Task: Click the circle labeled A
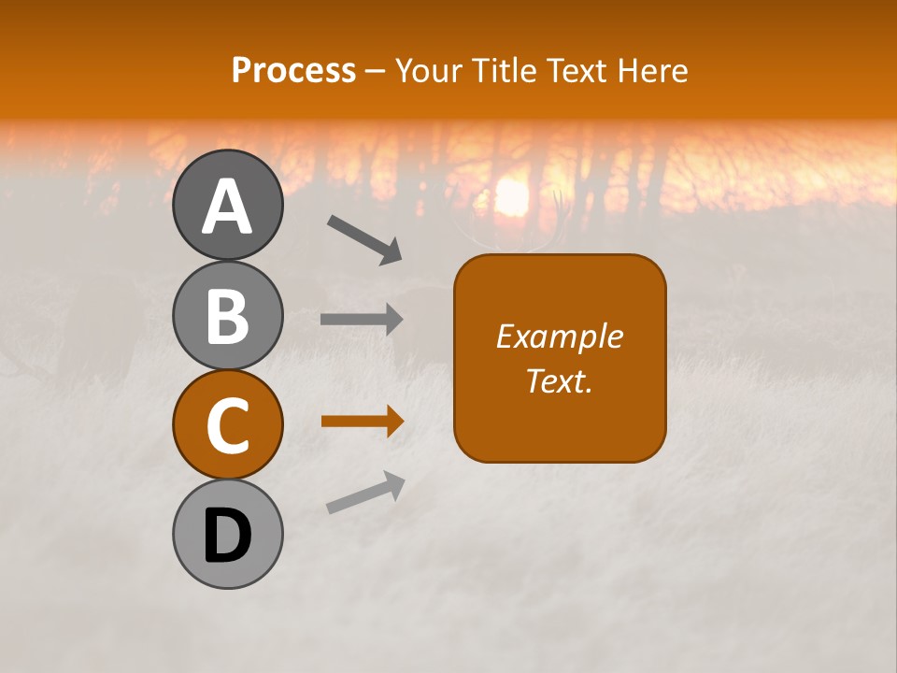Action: (x=227, y=205)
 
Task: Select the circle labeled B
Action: (x=227, y=315)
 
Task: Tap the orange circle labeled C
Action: (x=227, y=424)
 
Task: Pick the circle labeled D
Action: (x=227, y=534)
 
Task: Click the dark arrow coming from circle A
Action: (x=364, y=238)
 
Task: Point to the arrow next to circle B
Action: (x=362, y=320)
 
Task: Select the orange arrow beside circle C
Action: (x=362, y=422)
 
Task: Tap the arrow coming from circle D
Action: (x=365, y=493)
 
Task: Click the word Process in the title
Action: (x=293, y=70)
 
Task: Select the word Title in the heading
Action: (x=500, y=70)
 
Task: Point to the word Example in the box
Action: (x=559, y=336)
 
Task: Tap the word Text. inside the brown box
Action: (x=559, y=380)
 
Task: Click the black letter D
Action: (x=227, y=536)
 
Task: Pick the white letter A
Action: (x=227, y=207)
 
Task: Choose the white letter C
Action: (x=227, y=425)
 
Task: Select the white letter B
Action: (x=227, y=316)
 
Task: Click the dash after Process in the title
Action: (x=376, y=71)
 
